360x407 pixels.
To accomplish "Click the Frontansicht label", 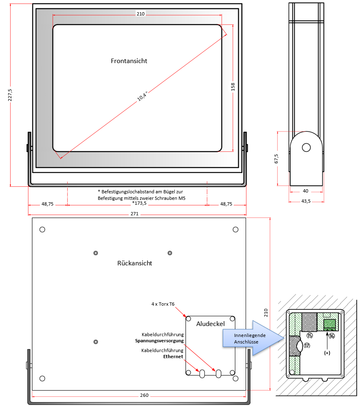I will pyautogui.click(x=129, y=61).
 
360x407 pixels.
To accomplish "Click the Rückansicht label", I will pyautogui.click(x=134, y=263).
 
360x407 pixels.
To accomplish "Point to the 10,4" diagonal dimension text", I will pyautogui.click(x=142, y=96).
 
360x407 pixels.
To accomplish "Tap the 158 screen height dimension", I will pyautogui.click(x=233, y=87).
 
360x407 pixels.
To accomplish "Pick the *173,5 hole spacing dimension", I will pyautogui.click(x=139, y=204).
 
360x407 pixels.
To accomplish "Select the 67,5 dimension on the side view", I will pyautogui.click(x=277, y=158).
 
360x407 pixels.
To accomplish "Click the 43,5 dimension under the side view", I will pyautogui.click(x=306, y=201).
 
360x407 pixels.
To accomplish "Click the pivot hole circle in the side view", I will pyautogui.click(x=306, y=147).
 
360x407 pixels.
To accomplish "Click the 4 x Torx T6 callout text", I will pyautogui.click(x=162, y=304).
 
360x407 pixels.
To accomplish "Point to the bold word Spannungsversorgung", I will pyautogui.click(x=162, y=340).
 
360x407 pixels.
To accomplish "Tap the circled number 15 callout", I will pyautogui.click(x=310, y=336).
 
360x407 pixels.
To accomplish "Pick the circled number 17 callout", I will pyautogui.click(x=307, y=346).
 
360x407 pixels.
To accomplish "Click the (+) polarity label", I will pyautogui.click(x=327, y=353).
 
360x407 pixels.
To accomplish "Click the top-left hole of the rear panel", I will pyautogui.click(x=42, y=230).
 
